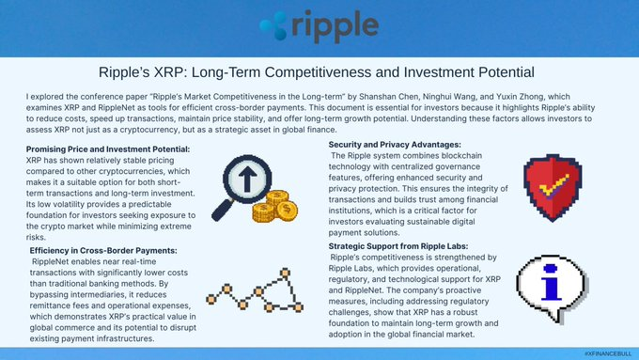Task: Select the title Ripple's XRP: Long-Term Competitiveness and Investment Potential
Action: [319, 71]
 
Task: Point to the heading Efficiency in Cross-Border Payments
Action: [101, 249]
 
